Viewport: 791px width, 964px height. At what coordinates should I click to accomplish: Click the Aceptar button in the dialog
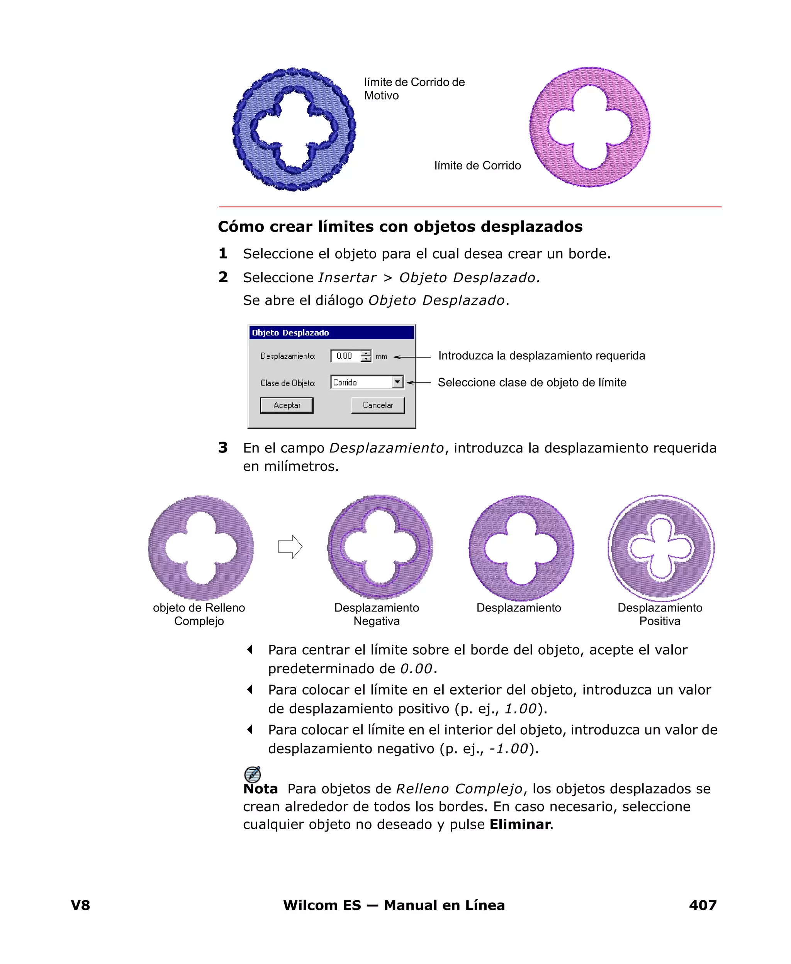[287, 405]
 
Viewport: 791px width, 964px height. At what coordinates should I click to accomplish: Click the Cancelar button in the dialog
[377, 405]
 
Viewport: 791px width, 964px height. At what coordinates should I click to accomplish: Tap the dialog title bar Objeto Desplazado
[331, 333]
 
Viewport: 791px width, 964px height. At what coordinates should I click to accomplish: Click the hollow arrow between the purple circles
[290, 546]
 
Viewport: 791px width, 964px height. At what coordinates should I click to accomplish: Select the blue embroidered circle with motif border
[294, 130]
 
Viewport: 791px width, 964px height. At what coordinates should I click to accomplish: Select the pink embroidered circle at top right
[590, 127]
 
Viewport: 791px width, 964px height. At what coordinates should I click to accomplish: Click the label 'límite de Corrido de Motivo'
[414, 89]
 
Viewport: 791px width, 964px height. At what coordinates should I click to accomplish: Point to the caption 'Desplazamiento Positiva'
[659, 614]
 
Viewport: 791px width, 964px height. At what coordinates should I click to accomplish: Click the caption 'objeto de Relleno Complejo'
[199, 614]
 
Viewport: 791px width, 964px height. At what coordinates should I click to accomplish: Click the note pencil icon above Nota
[253, 774]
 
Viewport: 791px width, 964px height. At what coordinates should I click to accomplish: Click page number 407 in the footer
[703, 905]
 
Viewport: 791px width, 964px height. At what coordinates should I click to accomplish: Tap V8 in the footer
[81, 905]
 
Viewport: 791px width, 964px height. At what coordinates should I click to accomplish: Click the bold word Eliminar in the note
[520, 824]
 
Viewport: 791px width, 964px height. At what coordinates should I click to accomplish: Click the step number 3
[223, 447]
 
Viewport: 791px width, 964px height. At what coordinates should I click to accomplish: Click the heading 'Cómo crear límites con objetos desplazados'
[400, 226]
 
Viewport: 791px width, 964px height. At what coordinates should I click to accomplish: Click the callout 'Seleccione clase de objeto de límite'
[532, 383]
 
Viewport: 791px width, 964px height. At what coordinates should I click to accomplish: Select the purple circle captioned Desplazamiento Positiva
[661, 548]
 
